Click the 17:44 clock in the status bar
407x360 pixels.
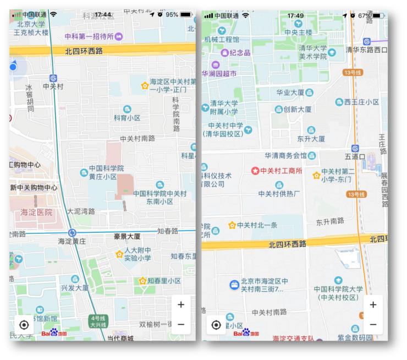(103, 14)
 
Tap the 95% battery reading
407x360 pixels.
(172, 14)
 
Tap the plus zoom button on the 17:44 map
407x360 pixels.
(181, 304)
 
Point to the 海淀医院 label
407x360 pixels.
(36, 212)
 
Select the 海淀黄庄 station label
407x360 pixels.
(72, 241)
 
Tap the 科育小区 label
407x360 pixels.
(127, 118)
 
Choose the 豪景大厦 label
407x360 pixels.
(127, 237)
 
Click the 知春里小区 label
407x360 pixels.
(164, 281)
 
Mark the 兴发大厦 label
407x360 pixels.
(74, 287)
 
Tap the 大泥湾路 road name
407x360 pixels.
(81, 211)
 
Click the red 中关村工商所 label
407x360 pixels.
(281, 171)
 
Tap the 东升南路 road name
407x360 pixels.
(330, 221)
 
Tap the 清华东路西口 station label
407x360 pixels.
(367, 50)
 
